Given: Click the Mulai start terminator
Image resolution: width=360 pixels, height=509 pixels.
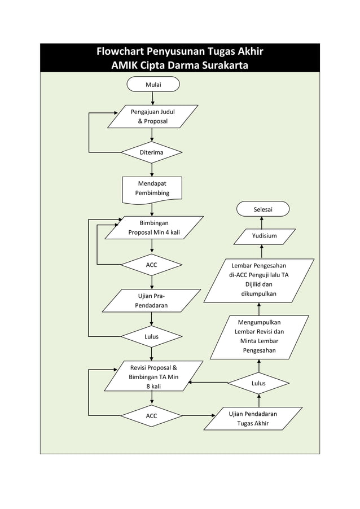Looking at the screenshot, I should point(153,85).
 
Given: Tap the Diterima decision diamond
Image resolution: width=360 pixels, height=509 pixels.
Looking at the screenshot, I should point(152,152).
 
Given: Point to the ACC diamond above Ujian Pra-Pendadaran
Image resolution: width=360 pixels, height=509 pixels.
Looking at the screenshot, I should point(152,264).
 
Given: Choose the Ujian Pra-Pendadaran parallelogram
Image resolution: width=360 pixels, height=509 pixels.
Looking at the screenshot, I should point(151,300).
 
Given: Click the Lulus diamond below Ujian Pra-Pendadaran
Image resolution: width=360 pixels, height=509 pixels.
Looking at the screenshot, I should point(151,336).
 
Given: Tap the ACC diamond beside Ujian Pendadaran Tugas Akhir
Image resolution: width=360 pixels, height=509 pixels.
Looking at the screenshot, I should point(152,416).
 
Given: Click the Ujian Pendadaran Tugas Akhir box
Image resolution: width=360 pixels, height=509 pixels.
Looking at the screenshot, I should point(253,418).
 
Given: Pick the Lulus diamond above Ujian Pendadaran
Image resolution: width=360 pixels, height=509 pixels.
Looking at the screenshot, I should point(258,383).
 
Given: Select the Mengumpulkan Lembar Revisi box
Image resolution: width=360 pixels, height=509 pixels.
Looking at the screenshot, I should point(260,336).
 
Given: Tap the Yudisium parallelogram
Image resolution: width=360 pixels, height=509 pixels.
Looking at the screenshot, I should point(264,236).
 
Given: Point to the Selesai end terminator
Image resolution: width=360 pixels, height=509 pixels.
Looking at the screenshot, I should point(263,209).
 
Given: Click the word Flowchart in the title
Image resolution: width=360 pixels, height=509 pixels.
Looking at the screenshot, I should point(124,52).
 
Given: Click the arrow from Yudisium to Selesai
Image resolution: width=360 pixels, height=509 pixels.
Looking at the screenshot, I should point(262,222).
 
